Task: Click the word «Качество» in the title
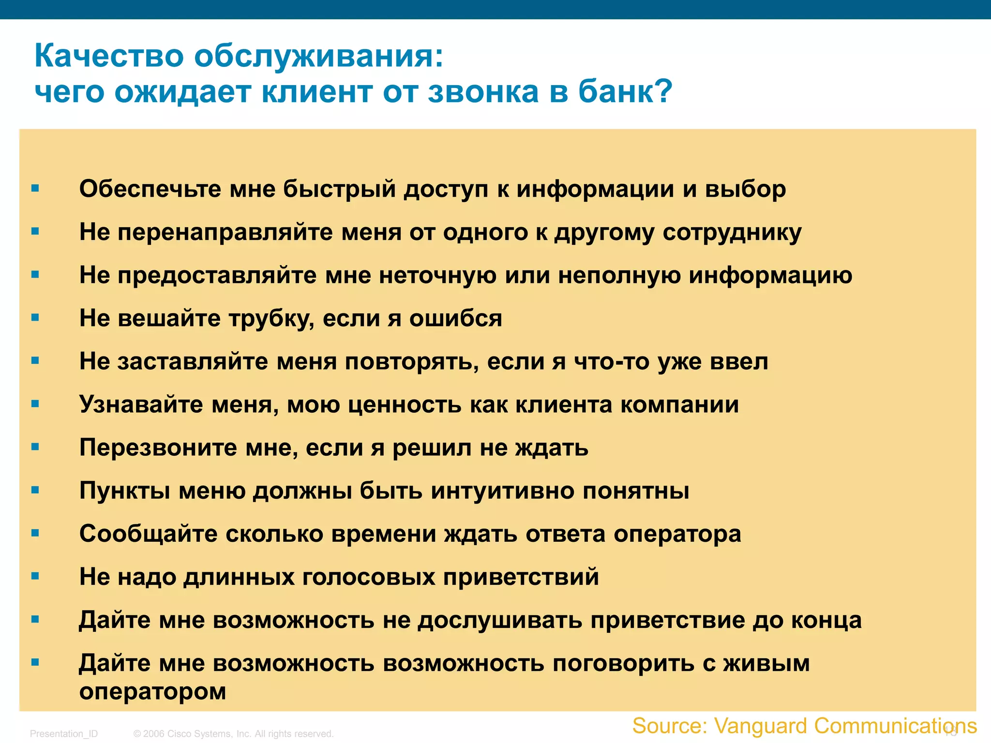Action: [109, 56]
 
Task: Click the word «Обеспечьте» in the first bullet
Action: [150, 189]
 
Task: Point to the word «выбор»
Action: [745, 189]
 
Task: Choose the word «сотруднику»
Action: [732, 232]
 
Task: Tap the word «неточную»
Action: [437, 275]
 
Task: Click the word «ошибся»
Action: [455, 318]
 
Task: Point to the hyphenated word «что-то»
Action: [612, 361]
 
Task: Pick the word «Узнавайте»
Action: [141, 404]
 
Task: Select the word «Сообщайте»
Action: [149, 534]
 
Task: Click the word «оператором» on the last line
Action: [153, 691]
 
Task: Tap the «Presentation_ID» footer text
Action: [64, 733]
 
